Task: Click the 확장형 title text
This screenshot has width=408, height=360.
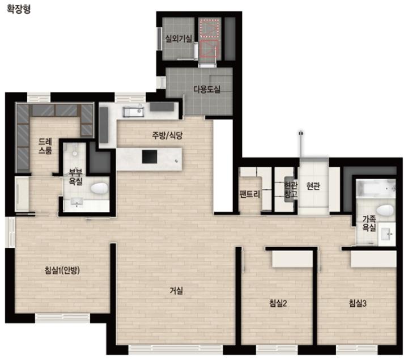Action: coord(19,9)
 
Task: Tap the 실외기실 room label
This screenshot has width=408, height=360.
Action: coord(178,39)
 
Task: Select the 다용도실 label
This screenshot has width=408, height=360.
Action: coord(207,89)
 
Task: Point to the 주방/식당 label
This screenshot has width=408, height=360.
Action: coord(167,135)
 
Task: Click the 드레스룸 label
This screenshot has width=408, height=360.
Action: coord(45,146)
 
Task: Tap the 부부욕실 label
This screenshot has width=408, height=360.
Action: coord(75,177)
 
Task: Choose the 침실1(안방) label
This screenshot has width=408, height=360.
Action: coord(62,270)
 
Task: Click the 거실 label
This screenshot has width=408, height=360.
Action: coord(176,290)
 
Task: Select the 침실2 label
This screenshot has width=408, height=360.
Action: coord(278,303)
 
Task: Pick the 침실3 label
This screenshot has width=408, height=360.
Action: coord(358,303)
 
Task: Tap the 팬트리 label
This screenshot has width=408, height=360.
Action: coord(249,194)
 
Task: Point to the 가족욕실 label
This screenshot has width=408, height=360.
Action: coord(369,223)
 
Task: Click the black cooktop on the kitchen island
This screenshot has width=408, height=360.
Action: coord(150,156)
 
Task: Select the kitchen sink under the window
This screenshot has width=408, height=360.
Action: coord(133,112)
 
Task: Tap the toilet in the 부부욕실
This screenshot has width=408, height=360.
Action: coord(99,188)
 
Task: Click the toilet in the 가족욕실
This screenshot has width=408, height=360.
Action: coord(385,210)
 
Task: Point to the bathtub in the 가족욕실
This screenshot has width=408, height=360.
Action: coord(376,188)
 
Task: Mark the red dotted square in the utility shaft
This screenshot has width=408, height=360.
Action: coord(209,28)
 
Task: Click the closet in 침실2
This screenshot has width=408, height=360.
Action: coord(292,259)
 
